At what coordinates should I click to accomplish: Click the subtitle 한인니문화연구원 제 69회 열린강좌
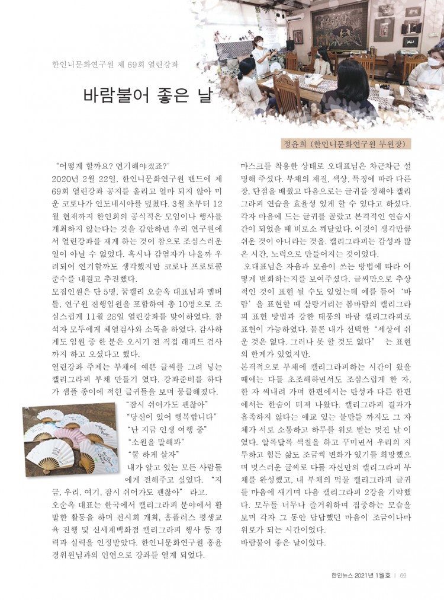tap(116, 63)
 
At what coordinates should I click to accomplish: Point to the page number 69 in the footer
tap(403, 574)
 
